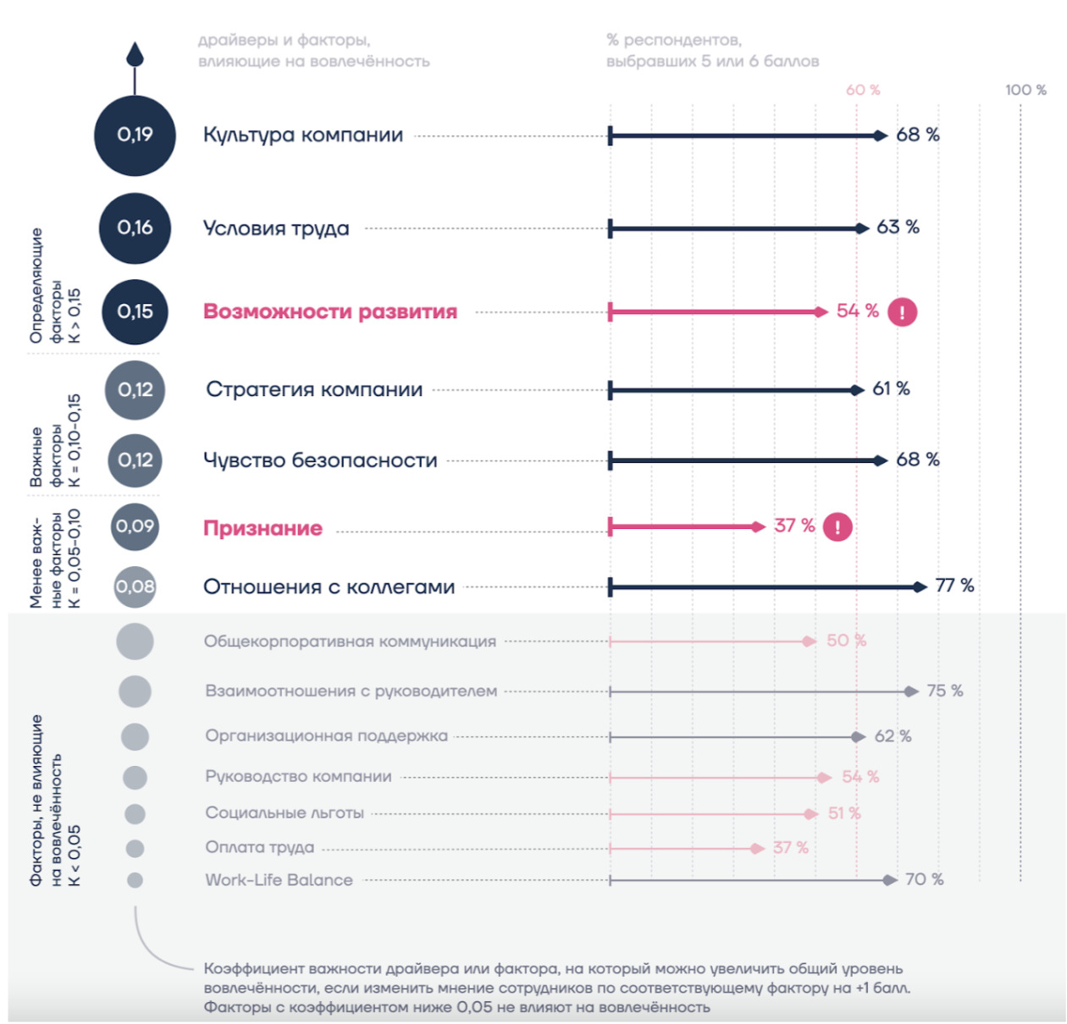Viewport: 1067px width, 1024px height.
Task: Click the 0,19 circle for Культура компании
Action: pos(135,135)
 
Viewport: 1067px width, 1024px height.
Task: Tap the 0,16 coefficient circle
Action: pos(135,228)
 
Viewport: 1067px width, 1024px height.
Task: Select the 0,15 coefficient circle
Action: pos(135,311)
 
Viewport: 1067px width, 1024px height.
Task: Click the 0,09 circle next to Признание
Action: pos(135,526)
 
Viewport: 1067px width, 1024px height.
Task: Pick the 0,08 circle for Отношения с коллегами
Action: pos(135,586)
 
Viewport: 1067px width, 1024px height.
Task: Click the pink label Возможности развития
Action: pos(329,311)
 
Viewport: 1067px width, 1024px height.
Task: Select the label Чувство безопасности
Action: pos(320,460)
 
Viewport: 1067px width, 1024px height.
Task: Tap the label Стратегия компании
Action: pos(314,389)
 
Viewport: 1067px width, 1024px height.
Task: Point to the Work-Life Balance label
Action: pos(279,880)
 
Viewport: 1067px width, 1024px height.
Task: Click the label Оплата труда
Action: pos(259,847)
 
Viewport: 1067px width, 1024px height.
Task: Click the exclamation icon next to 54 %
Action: pos(902,312)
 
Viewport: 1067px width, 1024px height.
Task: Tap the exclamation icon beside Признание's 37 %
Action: pos(838,527)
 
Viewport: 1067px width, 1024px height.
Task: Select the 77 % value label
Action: pos(954,586)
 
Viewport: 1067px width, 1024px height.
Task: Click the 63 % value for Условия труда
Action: pos(898,227)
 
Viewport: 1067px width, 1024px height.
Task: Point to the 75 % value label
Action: pos(944,691)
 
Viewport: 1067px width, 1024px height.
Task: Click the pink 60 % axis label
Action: pos(863,90)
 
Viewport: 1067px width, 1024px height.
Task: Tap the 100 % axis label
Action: pos(1026,90)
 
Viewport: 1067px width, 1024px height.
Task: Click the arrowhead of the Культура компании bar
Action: pos(881,135)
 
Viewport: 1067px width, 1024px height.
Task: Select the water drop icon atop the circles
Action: pos(135,55)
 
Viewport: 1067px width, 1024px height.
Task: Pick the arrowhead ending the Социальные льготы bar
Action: pos(811,814)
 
